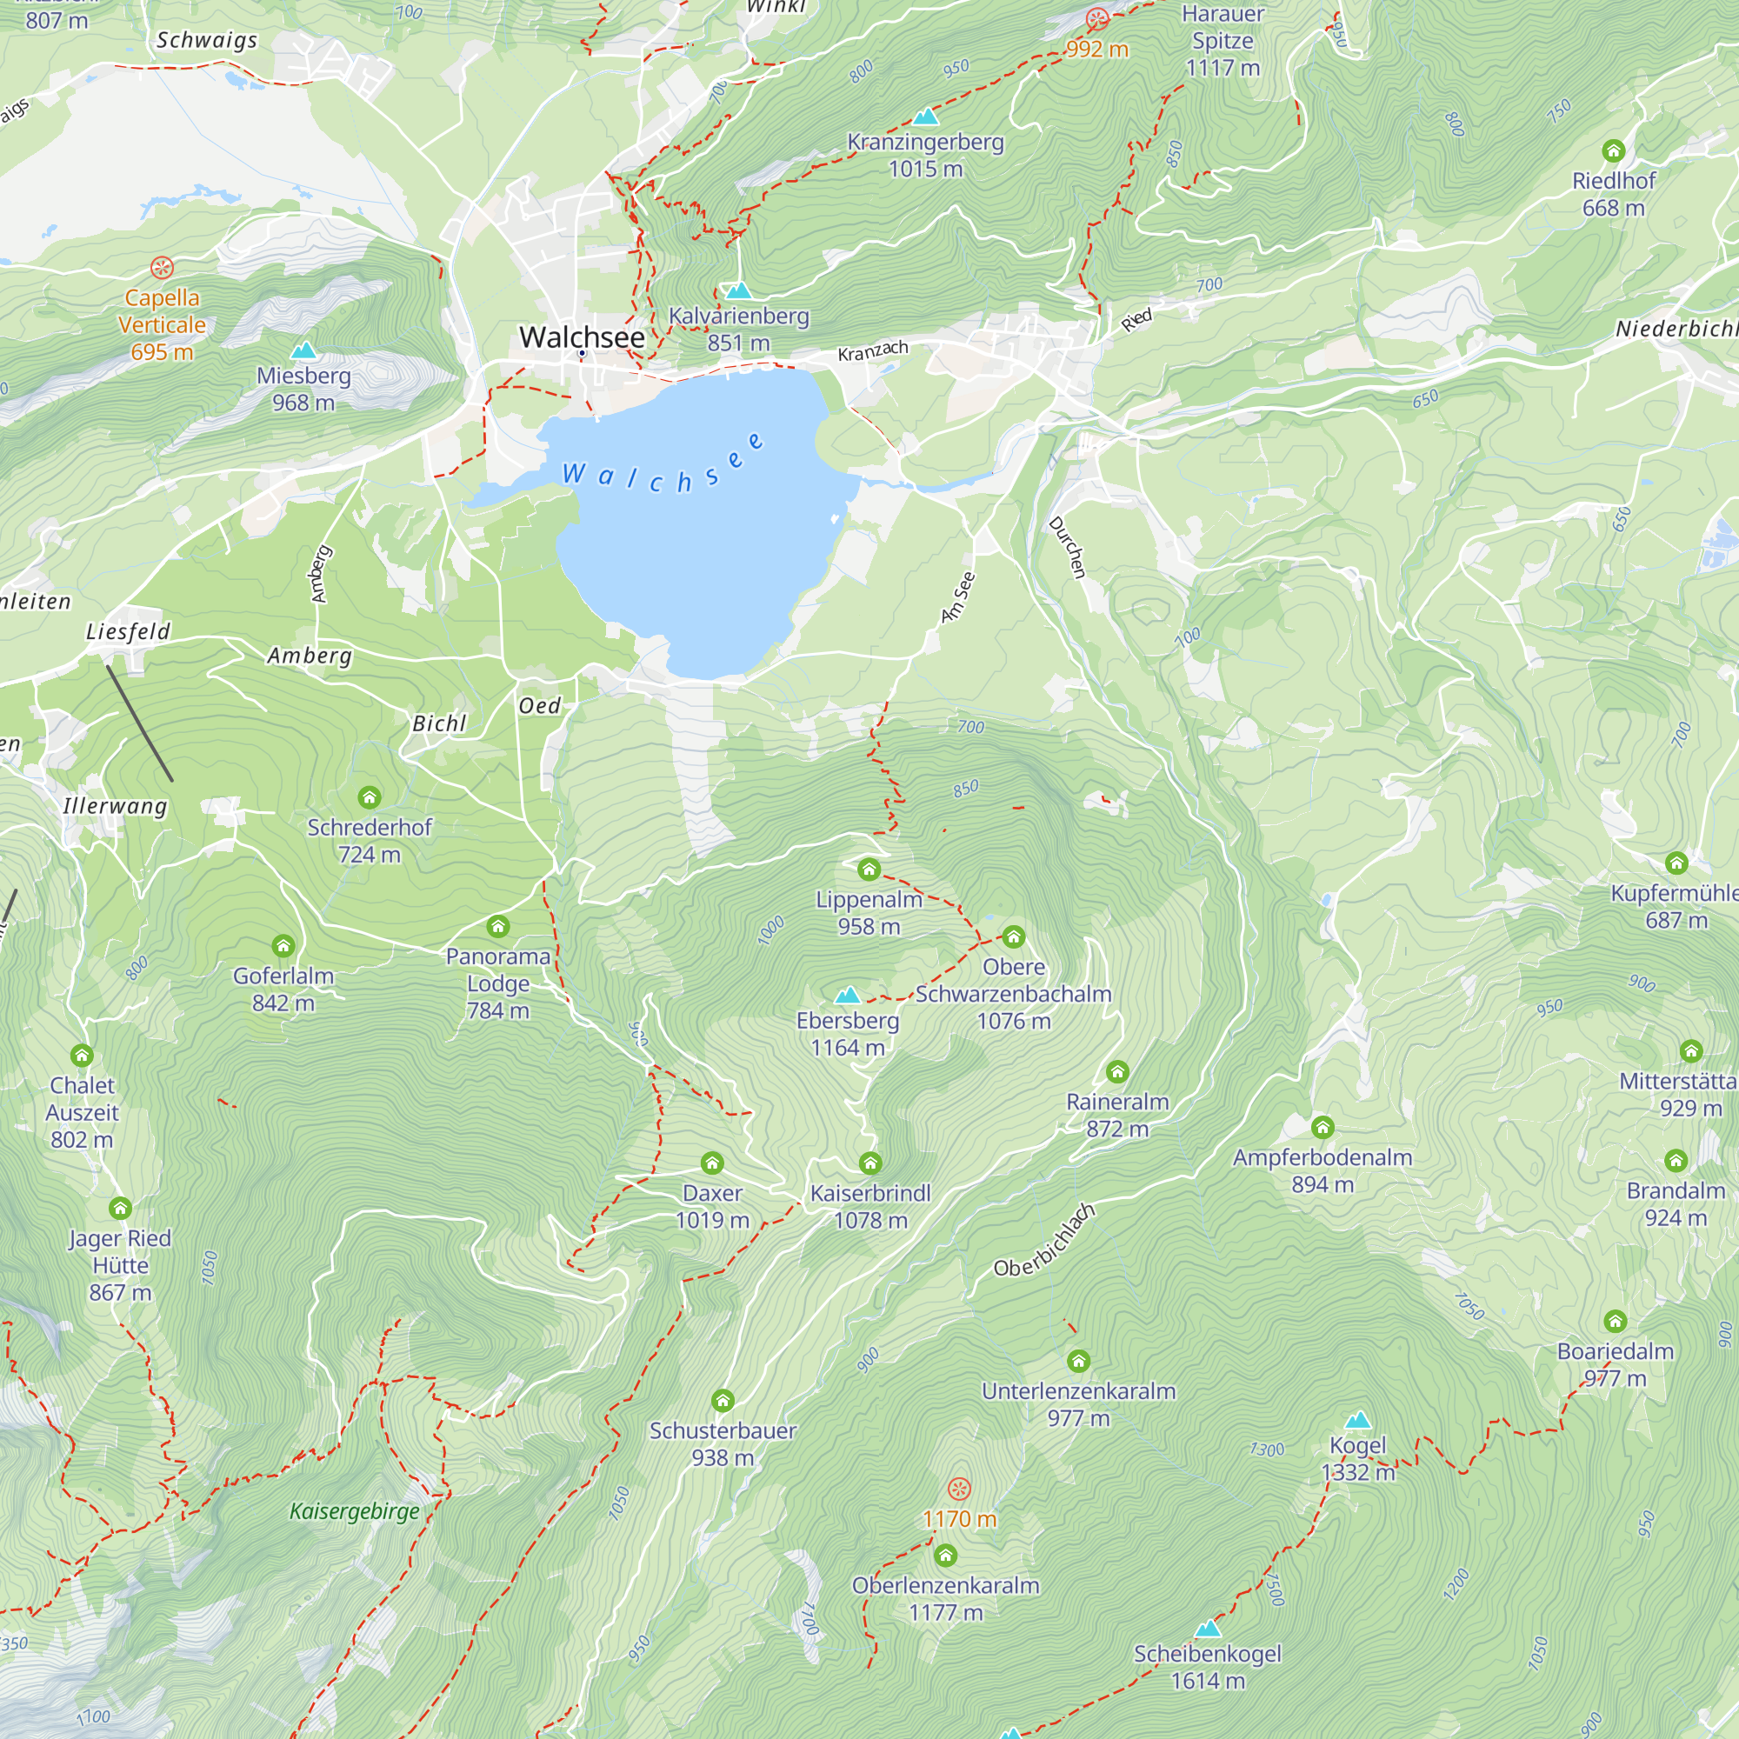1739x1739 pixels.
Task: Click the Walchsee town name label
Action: coord(582,337)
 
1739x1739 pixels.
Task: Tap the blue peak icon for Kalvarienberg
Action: coord(738,290)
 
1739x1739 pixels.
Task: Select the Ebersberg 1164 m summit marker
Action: coord(847,996)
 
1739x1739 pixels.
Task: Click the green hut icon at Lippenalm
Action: coord(869,869)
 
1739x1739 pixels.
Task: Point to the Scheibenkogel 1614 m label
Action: coord(1207,1666)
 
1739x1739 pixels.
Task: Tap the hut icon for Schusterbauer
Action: coord(723,1401)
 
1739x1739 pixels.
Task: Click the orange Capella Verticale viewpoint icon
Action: coord(162,267)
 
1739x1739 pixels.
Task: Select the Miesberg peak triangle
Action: coord(303,350)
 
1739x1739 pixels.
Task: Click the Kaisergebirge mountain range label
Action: coord(355,1511)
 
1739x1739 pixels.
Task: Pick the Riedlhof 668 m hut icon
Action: coord(1613,150)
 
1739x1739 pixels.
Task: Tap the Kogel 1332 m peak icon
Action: coord(1357,1421)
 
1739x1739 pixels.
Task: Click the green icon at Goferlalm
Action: coord(283,945)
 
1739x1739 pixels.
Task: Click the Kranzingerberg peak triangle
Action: coord(925,117)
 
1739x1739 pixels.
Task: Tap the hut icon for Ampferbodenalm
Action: coord(1323,1127)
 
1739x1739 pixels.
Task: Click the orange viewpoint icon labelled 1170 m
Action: coord(960,1489)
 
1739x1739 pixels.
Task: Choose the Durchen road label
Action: coord(1068,547)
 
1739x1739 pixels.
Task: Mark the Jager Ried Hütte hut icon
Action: coord(120,1208)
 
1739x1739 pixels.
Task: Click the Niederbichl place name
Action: coord(1676,329)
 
